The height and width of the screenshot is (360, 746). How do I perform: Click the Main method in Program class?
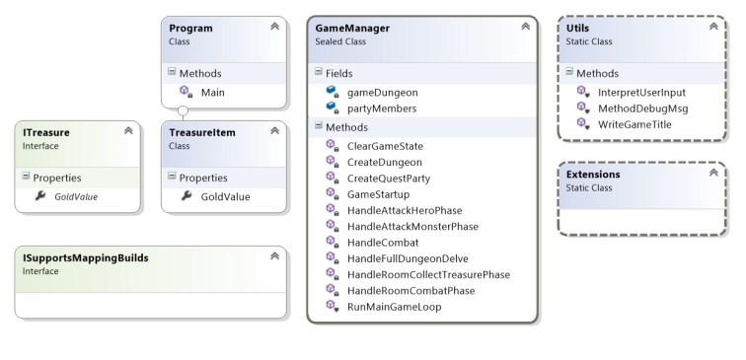click(212, 91)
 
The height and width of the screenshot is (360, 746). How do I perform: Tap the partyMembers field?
click(382, 108)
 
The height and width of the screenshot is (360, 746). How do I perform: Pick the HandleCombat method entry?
click(383, 242)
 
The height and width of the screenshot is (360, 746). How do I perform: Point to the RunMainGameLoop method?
click(394, 307)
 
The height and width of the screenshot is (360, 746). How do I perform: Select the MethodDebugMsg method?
click(641, 108)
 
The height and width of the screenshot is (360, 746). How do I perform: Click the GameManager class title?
click(351, 29)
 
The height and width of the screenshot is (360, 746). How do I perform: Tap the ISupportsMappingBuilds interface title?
click(86, 258)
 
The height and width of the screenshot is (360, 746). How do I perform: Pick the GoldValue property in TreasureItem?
click(225, 196)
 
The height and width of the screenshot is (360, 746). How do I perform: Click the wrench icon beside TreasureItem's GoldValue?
click(186, 196)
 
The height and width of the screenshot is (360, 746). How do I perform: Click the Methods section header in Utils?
click(598, 72)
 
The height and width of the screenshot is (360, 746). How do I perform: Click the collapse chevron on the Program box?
click(274, 27)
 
